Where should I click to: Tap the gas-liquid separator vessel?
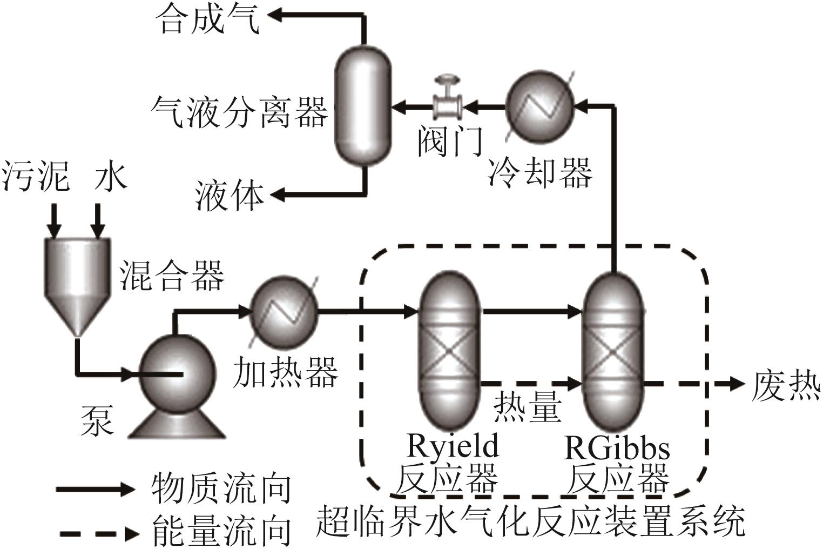coord(362,105)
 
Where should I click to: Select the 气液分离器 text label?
coord(239,112)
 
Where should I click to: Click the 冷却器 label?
coord(539,172)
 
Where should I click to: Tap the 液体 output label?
coord(230,196)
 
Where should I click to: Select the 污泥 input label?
coord(36,176)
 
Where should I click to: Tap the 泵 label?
coord(98,420)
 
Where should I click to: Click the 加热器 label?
coord(285,372)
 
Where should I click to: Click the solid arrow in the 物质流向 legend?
coord(95,490)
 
